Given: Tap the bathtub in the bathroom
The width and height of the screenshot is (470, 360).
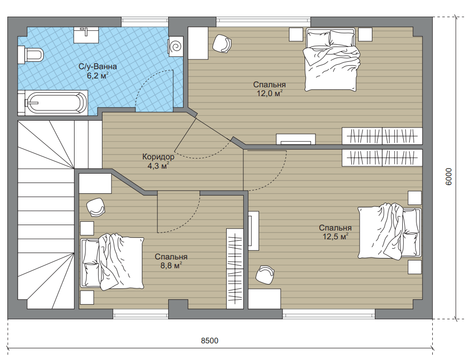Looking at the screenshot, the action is pyautogui.click(x=53, y=103).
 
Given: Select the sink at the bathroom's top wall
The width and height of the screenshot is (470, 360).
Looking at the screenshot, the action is pyautogui.click(x=86, y=35).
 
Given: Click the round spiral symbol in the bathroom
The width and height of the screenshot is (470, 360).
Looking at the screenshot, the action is pyautogui.click(x=176, y=47).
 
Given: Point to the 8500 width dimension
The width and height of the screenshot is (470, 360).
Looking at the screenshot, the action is pyautogui.click(x=209, y=340).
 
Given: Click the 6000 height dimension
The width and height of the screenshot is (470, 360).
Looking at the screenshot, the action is pyautogui.click(x=449, y=177).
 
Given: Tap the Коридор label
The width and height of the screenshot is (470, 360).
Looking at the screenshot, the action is pyautogui.click(x=158, y=157).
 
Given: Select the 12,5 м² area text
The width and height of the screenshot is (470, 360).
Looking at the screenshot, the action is pyautogui.click(x=336, y=236).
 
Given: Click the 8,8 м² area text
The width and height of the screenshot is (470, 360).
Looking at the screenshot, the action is pyautogui.click(x=171, y=265).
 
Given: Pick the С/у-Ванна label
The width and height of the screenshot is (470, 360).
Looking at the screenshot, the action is pyautogui.click(x=98, y=67).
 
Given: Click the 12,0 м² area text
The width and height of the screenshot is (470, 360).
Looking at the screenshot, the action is pyautogui.click(x=269, y=93).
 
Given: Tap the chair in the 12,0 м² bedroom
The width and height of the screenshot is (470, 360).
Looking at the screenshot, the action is pyautogui.click(x=222, y=44).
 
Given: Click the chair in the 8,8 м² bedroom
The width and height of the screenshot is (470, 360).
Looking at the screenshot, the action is pyautogui.click(x=96, y=207).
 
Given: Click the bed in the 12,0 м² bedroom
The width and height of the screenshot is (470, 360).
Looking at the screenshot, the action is pyautogui.click(x=331, y=59).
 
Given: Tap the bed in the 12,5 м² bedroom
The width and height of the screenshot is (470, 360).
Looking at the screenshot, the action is pyautogui.click(x=390, y=232).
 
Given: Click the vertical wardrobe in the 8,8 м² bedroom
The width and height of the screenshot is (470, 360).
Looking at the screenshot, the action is pyautogui.click(x=235, y=269).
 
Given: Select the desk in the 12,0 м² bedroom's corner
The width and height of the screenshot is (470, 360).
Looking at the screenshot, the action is pyautogui.click(x=198, y=43).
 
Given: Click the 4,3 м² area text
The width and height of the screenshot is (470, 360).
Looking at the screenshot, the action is pyautogui.click(x=158, y=165).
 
